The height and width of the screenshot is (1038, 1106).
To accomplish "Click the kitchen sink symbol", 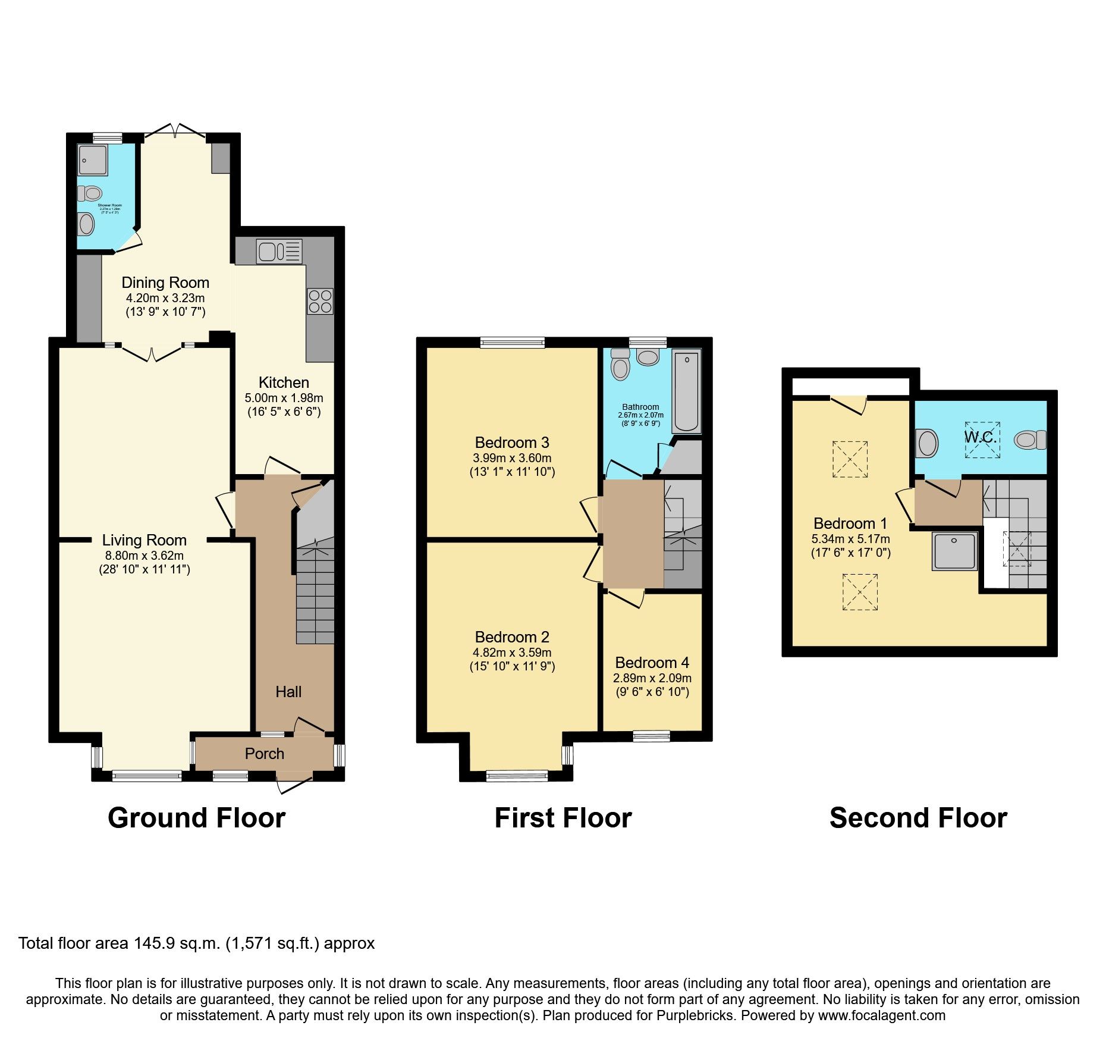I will [279, 251].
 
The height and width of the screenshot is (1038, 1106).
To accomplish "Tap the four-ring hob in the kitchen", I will [320, 301].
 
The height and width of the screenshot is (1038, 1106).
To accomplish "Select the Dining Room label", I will [165, 283].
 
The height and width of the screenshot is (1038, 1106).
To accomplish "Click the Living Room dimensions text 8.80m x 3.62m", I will [144, 556].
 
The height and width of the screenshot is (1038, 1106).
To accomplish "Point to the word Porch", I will [265, 754].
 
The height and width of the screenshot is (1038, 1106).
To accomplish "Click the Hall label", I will [288, 692].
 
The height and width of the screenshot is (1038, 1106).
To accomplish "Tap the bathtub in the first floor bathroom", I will [687, 390].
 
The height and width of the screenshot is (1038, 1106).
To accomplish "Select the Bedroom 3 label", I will [512, 443].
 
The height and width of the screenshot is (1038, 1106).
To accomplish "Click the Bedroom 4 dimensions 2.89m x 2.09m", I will [652, 678].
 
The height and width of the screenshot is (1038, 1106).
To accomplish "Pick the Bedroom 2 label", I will [512, 637].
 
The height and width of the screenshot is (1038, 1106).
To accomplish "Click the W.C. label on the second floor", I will [980, 437].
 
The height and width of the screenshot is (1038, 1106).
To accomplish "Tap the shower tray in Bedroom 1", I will [954, 551].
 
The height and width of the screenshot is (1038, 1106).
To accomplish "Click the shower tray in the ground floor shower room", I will [92, 159].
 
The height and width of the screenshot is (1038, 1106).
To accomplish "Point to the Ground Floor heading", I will [197, 818].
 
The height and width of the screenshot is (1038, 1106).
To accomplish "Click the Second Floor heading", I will [918, 818].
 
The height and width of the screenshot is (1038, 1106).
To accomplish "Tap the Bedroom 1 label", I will [850, 523].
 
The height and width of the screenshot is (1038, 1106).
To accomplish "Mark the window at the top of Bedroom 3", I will [512, 342].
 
